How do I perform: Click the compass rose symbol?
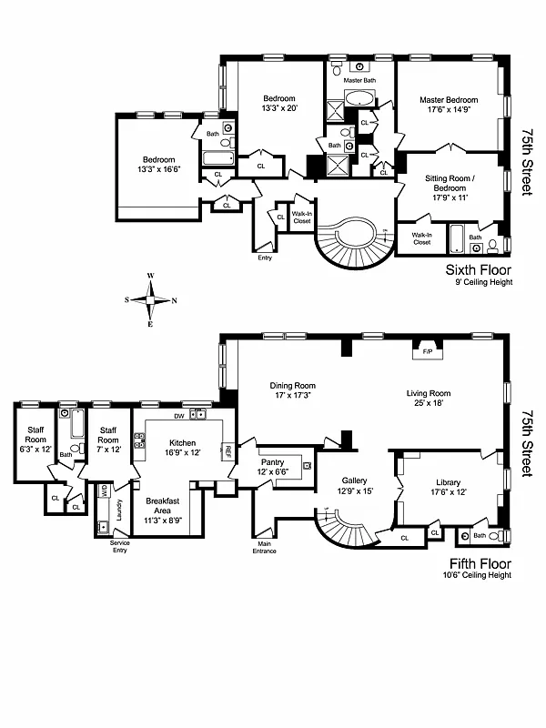point(151,299)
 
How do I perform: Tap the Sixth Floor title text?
point(478,269)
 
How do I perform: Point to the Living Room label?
point(429,394)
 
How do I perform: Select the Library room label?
point(448,482)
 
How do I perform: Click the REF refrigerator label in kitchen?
point(227,450)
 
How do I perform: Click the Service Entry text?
point(100,547)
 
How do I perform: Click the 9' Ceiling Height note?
point(480,283)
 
